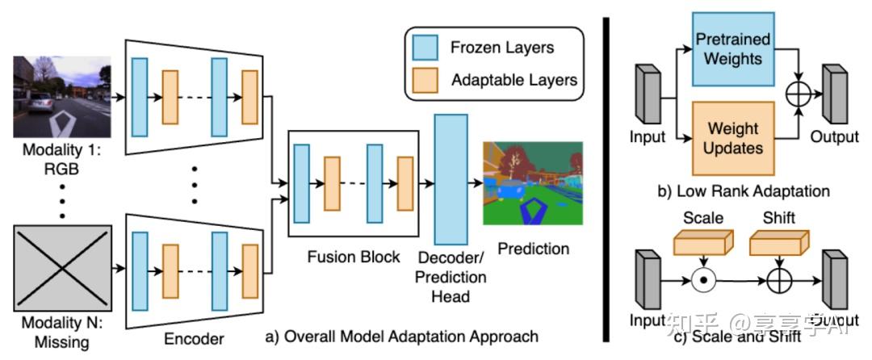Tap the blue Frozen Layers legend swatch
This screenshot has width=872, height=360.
(x=424, y=48)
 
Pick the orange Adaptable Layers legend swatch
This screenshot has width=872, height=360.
(x=424, y=79)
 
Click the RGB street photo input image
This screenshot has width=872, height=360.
(x=61, y=97)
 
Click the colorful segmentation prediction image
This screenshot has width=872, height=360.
(x=533, y=183)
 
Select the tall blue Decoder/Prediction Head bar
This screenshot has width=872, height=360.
(x=451, y=179)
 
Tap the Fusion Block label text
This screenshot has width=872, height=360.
(x=354, y=257)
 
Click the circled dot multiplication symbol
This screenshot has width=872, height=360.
(x=704, y=282)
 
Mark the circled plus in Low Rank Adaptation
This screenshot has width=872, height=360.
(x=799, y=94)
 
